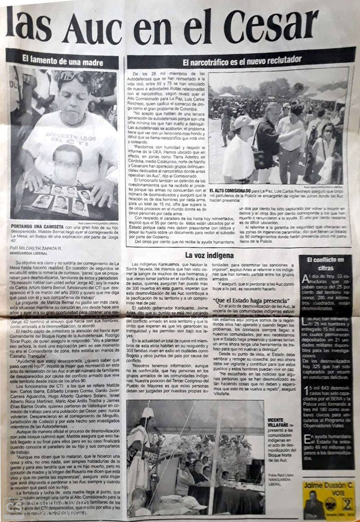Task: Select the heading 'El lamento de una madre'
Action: point(62,59)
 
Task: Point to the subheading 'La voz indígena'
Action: point(209,255)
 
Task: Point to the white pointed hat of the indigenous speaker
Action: point(148,413)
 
